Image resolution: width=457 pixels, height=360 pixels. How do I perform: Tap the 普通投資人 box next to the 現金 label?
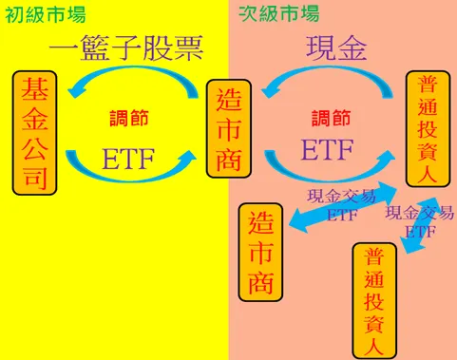point(428,128)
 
